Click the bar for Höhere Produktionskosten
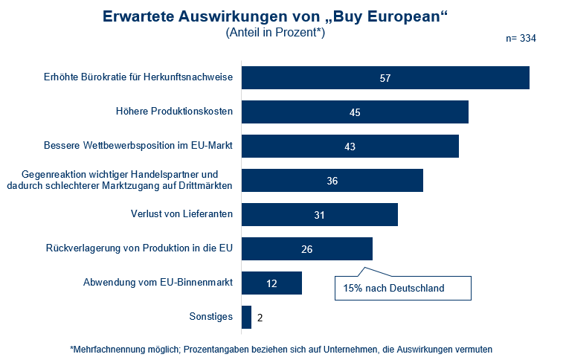coord(355,112)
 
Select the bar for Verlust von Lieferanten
coord(320,214)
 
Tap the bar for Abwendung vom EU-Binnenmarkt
coord(271,283)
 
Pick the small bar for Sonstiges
coord(247,318)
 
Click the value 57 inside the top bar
coord(385,78)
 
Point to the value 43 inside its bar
coord(350,147)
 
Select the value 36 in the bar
coord(332,180)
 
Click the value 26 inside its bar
coord(306,248)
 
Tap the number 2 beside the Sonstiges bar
coord(260,318)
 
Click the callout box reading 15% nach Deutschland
coord(401,288)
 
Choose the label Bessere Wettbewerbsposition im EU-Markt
coord(138,147)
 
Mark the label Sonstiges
coord(211,318)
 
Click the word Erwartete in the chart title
coord(137,16)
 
